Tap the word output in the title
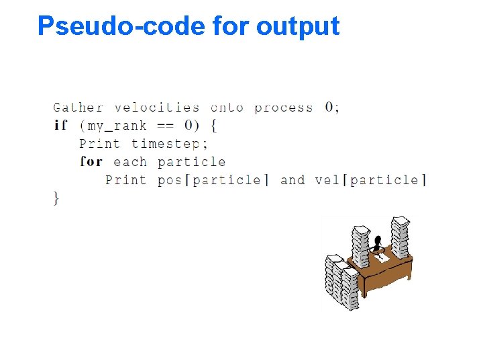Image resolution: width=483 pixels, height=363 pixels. coord(298,27)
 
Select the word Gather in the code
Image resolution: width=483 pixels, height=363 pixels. coord(78,108)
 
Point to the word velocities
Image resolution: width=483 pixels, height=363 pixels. coord(157,108)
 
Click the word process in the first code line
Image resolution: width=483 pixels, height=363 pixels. coord(283,108)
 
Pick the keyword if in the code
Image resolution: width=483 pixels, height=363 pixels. coord(60,126)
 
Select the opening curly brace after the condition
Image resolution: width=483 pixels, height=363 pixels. coord(213,126)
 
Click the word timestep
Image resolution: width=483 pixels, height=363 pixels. coord(170,144)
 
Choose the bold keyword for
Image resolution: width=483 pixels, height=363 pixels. coord(91,162)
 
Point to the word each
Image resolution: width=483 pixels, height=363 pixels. coord(130,162)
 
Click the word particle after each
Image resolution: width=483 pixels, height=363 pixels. coord(191,162)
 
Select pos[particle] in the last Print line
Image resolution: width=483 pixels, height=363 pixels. coord(213,180)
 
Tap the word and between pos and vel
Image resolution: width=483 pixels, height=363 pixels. coord(292,180)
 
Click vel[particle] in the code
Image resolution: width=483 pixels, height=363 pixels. coord(370,180)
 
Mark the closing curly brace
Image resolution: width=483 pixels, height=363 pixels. coord(56,198)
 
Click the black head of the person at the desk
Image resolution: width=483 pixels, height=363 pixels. coord(378,240)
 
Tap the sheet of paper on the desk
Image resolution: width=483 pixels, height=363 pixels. coord(381,256)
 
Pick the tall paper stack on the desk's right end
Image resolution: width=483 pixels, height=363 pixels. coord(400,237)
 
